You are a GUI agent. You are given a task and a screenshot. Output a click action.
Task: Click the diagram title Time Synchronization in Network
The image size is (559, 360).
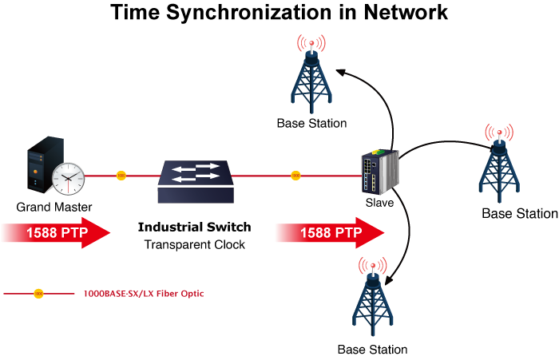(279, 14)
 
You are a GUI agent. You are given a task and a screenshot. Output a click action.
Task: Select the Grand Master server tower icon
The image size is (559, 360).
(43, 164)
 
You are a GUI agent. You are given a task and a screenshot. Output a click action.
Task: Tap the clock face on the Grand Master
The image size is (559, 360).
(69, 177)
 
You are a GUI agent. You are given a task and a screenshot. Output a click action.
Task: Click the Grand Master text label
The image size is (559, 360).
(54, 208)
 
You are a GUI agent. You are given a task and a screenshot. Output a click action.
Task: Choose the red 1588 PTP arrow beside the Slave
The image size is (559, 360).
(329, 234)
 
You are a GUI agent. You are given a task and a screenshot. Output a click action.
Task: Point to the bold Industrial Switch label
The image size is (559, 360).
(194, 227)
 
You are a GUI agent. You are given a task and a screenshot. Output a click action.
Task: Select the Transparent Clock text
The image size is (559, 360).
(194, 244)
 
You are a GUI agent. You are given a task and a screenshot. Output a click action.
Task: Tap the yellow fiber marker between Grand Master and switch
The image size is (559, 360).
(121, 175)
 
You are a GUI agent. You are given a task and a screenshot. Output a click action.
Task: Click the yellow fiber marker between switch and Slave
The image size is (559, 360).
(295, 175)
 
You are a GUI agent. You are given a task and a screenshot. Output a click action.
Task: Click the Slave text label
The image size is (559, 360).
(379, 204)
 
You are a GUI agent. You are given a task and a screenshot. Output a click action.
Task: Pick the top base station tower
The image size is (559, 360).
(311, 76)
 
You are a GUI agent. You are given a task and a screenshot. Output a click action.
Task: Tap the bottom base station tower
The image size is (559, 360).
(372, 299)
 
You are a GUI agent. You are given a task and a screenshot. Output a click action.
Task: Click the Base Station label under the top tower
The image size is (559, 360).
(311, 124)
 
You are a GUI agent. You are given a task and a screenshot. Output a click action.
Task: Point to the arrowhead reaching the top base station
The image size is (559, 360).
(341, 73)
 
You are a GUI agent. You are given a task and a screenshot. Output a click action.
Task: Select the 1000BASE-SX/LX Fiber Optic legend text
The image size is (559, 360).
(144, 294)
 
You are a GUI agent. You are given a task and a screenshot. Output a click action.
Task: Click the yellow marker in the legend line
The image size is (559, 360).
(38, 294)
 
